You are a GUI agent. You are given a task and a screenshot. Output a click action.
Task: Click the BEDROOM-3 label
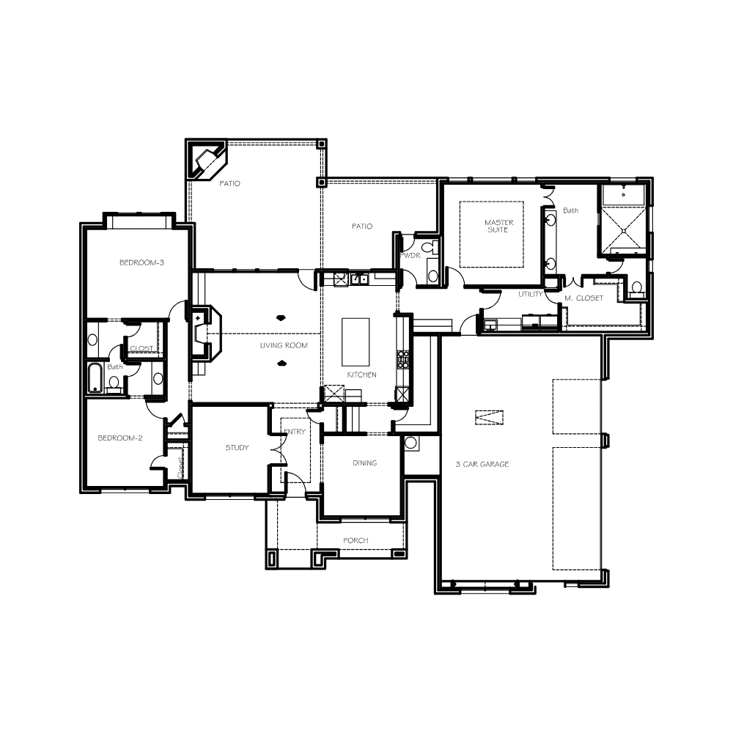[141, 262]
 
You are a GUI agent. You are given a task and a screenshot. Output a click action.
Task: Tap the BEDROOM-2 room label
[120, 438]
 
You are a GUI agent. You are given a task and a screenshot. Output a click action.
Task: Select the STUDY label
[237, 448]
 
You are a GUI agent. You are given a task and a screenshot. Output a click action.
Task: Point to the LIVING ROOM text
[284, 345]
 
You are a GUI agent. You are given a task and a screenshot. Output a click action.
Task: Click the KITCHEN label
[362, 375]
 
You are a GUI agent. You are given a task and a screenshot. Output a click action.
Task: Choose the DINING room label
[364, 463]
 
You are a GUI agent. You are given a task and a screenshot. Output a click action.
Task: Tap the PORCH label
[356, 540]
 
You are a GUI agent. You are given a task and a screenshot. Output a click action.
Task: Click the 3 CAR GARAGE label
[482, 464]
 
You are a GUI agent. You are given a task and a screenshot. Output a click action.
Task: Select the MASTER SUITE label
[498, 226]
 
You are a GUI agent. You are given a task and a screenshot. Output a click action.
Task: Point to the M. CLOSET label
[584, 298]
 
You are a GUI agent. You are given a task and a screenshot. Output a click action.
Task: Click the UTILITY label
[531, 294]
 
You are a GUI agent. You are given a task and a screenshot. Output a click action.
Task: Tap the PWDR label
[410, 255]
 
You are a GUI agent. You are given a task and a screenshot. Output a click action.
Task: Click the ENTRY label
[295, 432]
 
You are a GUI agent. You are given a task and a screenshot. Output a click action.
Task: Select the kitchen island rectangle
[356, 342]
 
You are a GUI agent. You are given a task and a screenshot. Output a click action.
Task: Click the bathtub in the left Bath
[95, 377]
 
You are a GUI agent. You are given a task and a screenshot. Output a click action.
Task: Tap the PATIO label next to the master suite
[362, 226]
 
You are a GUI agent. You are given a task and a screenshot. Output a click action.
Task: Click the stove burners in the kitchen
[402, 360]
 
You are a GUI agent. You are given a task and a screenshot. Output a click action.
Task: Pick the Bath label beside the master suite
[571, 211]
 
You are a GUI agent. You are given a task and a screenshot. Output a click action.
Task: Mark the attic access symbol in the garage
[490, 418]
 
